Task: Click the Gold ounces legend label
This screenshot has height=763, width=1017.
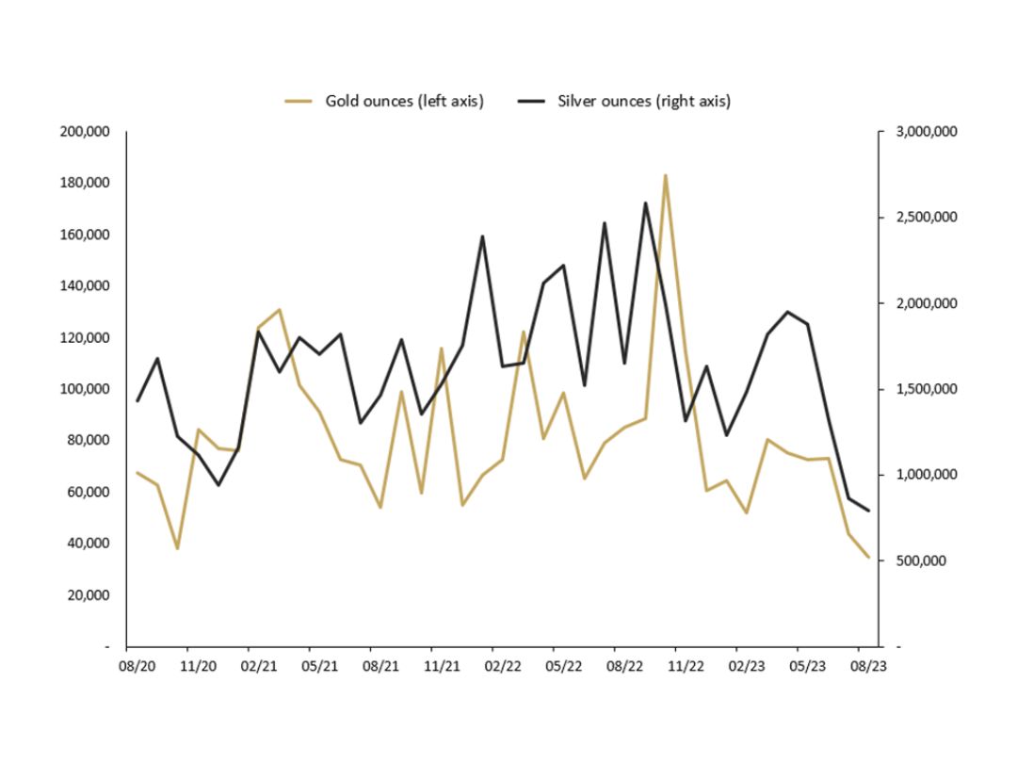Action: click(x=404, y=101)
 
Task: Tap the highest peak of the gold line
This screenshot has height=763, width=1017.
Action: click(x=665, y=175)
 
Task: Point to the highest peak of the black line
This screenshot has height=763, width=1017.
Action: click(x=645, y=203)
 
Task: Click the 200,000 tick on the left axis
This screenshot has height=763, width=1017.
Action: click(x=85, y=132)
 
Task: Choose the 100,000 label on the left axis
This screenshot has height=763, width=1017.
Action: click(x=85, y=389)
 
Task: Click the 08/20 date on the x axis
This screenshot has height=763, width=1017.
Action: click(x=137, y=666)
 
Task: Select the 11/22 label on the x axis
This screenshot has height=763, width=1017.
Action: click(x=686, y=666)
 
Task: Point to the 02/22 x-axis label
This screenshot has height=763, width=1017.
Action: click(x=503, y=666)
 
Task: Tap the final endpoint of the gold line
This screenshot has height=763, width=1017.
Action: click(x=869, y=557)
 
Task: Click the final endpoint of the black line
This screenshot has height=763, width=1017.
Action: click(x=869, y=511)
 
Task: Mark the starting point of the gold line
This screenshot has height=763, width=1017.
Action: click(x=137, y=473)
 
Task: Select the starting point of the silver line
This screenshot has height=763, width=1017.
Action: click(x=137, y=400)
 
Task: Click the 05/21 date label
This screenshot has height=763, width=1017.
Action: click(x=320, y=666)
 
